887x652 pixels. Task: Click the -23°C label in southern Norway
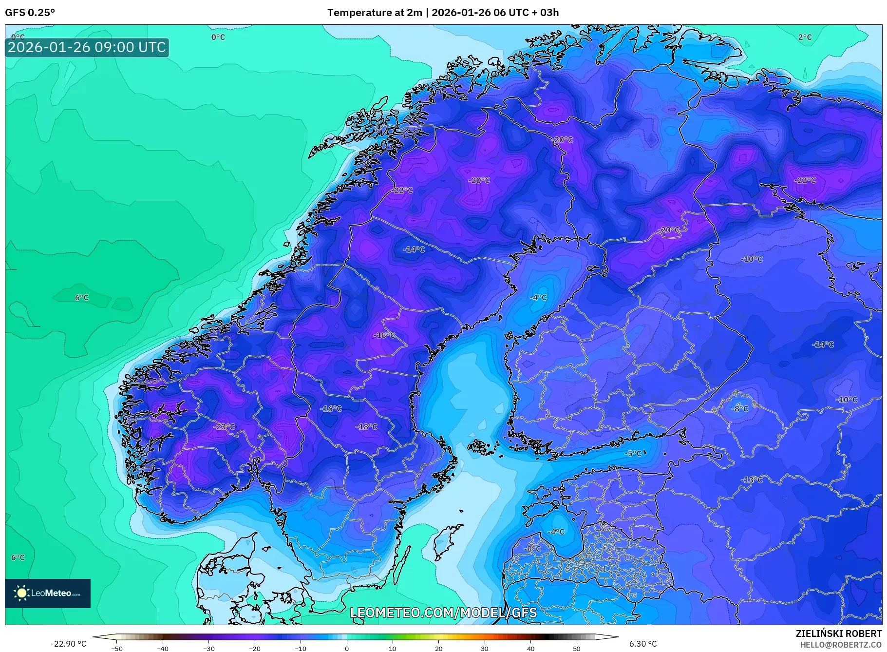(225, 427)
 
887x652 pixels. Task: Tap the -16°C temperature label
(331, 409)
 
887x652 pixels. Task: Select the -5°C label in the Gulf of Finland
(634, 454)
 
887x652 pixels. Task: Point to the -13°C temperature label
(752, 480)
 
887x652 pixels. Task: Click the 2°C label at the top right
(805, 37)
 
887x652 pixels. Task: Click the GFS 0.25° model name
(30, 13)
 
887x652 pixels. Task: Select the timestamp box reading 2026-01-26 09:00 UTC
(87, 48)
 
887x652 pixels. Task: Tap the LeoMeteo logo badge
(48, 593)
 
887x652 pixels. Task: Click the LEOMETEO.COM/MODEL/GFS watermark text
(443, 613)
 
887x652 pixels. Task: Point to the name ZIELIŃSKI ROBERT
(838, 633)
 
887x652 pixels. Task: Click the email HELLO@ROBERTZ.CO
(841, 645)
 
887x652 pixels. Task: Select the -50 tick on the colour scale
(117, 649)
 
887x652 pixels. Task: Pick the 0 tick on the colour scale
(347, 649)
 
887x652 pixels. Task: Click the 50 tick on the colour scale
(577, 649)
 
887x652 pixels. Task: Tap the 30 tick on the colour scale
(485, 649)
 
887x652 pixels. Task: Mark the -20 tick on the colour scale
(255, 649)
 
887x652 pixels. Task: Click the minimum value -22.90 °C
(68, 644)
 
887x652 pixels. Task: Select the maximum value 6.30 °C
(643, 644)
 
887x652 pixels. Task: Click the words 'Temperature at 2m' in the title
(374, 13)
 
